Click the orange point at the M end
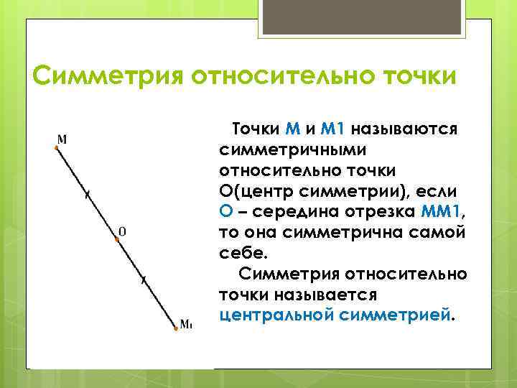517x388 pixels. coord(56,147)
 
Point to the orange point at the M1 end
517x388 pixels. coord(176,329)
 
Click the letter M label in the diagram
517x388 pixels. coord(62,138)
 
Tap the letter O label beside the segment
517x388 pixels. coord(122,231)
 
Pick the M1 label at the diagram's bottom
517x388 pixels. coord(186,324)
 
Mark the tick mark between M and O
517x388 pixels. coord(87,193)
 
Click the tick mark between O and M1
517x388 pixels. coord(144,280)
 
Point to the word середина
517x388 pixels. coord(294,213)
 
